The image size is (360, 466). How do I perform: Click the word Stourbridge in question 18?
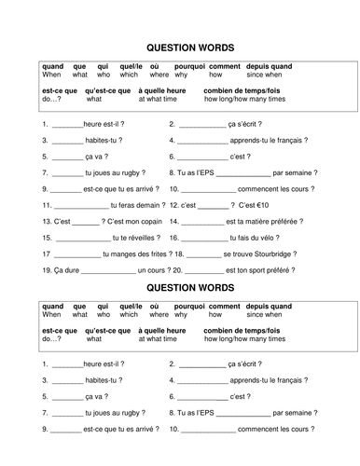[x=266, y=253]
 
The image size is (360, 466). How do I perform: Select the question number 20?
[x=174, y=269]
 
